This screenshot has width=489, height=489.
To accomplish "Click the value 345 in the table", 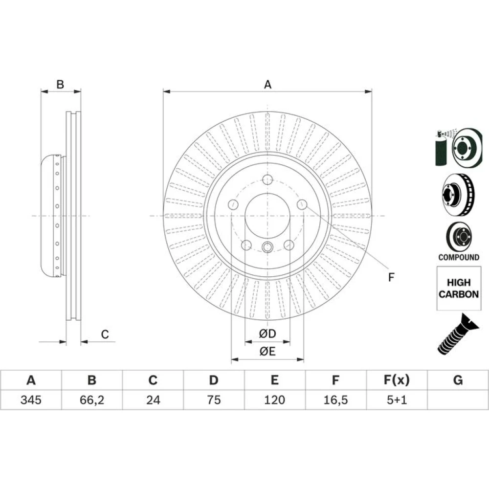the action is [x=31, y=400].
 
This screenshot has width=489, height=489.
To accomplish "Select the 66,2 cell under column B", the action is [x=92, y=400].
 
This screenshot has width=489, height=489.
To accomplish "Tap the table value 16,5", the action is [x=335, y=400].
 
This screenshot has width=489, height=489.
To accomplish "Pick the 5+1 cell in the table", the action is [x=397, y=400].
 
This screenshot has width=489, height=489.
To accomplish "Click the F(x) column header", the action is [x=397, y=380].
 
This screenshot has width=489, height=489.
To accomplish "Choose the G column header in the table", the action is [x=458, y=380].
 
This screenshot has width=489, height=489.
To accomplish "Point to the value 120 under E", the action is [x=274, y=400].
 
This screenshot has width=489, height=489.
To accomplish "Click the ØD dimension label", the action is [x=267, y=333].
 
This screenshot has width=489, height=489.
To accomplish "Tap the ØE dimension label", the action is [x=267, y=352].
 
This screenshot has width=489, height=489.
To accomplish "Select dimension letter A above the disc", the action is [x=267, y=85].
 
